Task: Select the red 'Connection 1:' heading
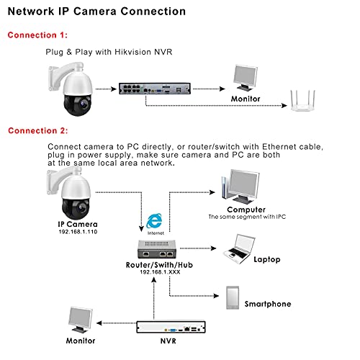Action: pyautogui.click(x=38, y=35)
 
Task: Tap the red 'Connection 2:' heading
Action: pyautogui.click(x=38, y=130)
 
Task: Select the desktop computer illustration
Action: pyautogui.click(x=236, y=189)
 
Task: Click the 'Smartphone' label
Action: pyautogui.click(x=268, y=305)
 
